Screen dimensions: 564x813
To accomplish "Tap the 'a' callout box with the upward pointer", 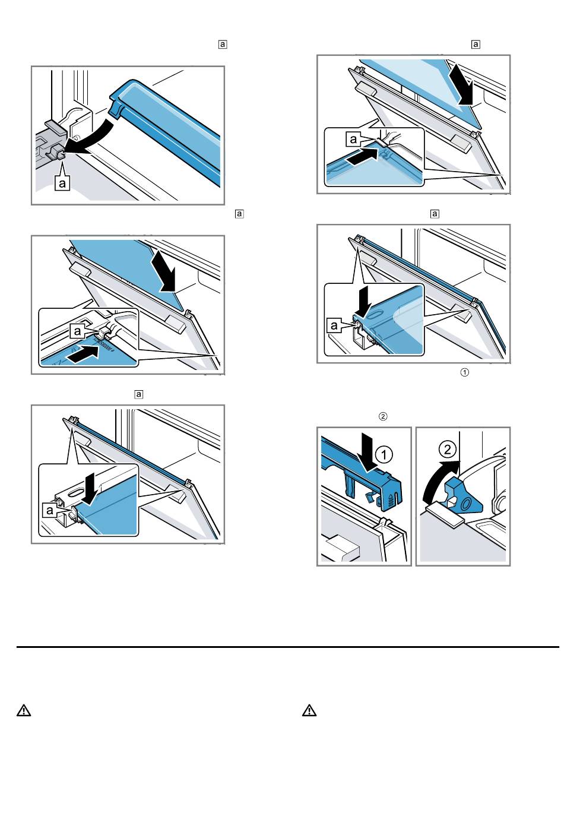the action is (62, 182).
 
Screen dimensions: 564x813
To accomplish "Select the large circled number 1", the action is (384, 454).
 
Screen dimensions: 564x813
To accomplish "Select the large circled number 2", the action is (447, 450).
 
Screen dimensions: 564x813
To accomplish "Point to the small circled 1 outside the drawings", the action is (464, 372).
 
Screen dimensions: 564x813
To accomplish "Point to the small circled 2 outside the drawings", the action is (382, 416).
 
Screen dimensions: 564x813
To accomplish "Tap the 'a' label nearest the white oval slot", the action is (49, 510).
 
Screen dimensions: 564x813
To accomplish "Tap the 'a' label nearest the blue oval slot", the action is (334, 325).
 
